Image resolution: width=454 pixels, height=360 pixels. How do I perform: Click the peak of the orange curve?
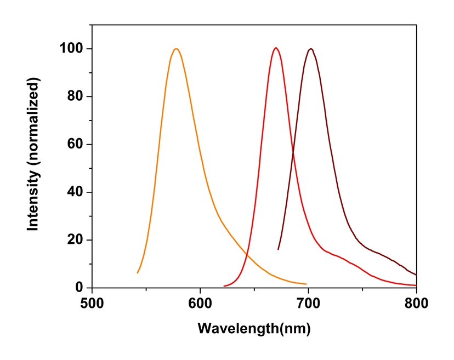[x=176, y=49]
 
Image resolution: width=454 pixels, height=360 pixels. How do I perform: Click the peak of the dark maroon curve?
[x=311, y=49]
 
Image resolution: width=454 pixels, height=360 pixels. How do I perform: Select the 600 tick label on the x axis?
[x=200, y=302]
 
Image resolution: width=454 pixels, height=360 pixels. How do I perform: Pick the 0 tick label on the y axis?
[x=80, y=288]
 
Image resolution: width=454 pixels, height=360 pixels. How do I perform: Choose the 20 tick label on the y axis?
[x=76, y=240]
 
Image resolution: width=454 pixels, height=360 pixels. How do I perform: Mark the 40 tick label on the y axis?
[x=76, y=192]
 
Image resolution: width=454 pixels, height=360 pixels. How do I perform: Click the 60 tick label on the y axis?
[x=76, y=145]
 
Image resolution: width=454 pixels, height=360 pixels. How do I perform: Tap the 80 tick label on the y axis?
[x=76, y=97]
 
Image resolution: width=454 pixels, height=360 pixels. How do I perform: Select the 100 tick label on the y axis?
[x=72, y=49]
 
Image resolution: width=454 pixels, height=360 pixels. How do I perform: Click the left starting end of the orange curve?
[x=138, y=272]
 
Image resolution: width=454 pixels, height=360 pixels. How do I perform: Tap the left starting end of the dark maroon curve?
[x=279, y=249]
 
